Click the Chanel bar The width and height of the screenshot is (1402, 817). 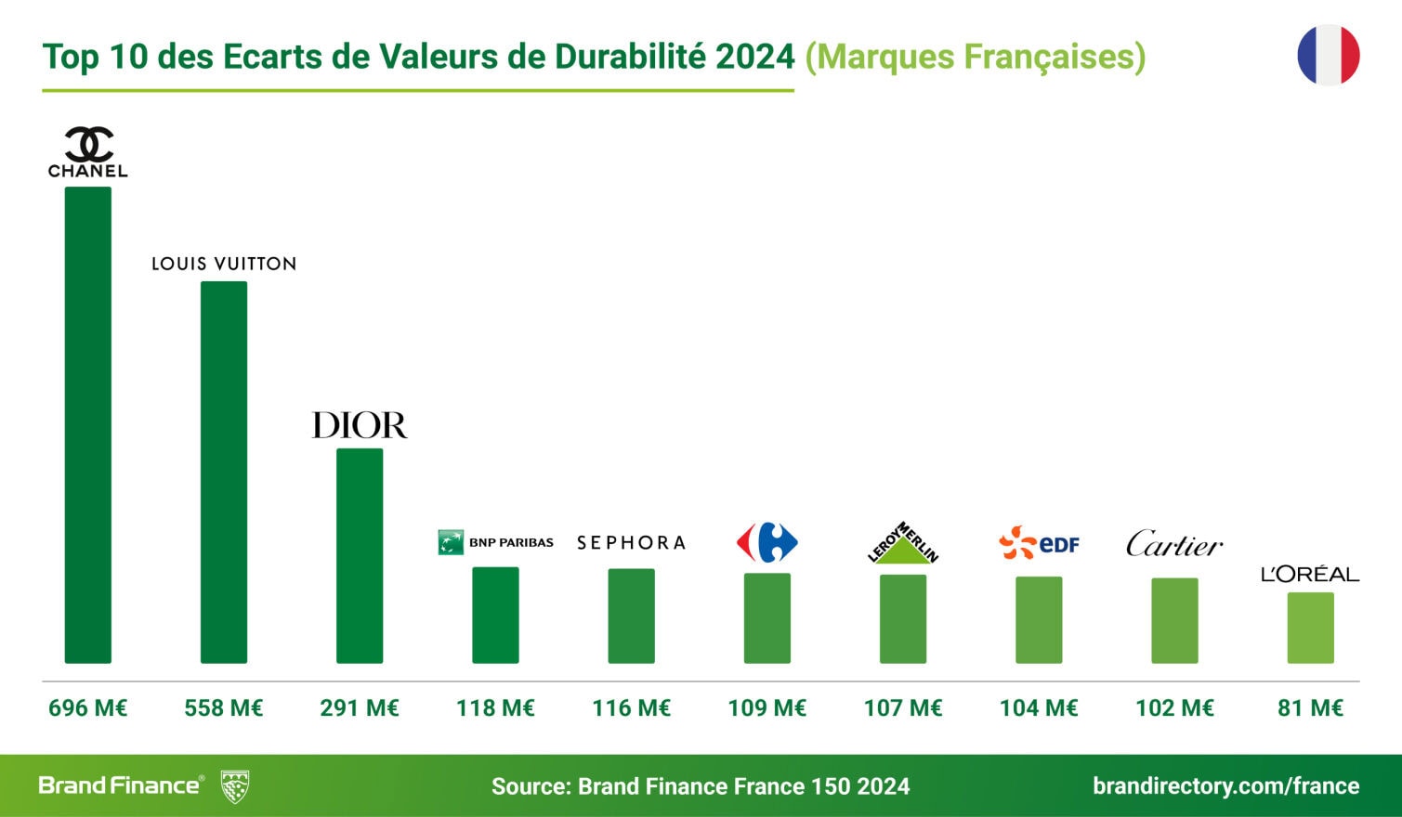(x=87, y=425)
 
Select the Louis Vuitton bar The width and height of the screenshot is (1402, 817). (x=224, y=472)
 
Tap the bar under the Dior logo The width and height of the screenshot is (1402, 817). (x=360, y=555)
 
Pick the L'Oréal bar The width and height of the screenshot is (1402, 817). (x=1310, y=628)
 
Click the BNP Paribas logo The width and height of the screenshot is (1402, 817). (x=495, y=542)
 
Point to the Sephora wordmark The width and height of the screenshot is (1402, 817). (x=631, y=543)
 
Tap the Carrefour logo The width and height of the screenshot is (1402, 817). (x=767, y=542)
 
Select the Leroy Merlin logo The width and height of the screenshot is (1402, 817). (x=903, y=543)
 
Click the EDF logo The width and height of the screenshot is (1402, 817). (x=1039, y=543)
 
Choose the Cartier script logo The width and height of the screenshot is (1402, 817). (x=1174, y=544)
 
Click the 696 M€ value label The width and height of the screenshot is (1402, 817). (x=87, y=708)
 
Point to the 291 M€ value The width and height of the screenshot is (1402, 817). (x=360, y=708)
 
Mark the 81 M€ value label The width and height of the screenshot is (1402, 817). (x=1310, y=708)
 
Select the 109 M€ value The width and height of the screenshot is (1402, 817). (x=767, y=708)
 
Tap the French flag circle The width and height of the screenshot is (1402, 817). (x=1329, y=56)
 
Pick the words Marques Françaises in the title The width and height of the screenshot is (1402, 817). (x=976, y=57)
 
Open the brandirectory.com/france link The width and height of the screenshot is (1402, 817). (x=1225, y=786)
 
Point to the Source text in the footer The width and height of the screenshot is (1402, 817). (x=701, y=786)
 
